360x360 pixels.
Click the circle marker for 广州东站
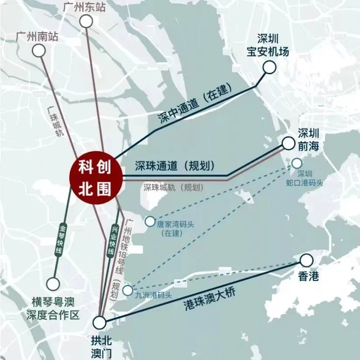(x=86, y=21)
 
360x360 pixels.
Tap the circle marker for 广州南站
(x=38, y=50)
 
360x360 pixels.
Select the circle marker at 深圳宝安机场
(x=269, y=67)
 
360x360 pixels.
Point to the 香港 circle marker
(x=307, y=260)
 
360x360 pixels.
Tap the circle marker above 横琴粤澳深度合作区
(x=53, y=283)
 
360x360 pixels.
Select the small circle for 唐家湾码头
(x=150, y=222)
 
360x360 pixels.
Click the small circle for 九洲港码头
(x=128, y=290)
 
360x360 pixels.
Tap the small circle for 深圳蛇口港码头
(x=297, y=163)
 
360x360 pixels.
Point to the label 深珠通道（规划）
(x=174, y=166)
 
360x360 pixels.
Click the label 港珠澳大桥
(x=209, y=298)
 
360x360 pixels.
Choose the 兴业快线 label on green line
(x=112, y=241)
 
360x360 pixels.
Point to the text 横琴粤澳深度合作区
(x=52, y=308)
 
